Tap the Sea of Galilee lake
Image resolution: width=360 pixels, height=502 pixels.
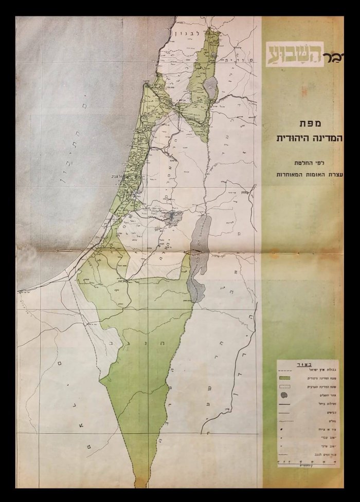tap(210, 87)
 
